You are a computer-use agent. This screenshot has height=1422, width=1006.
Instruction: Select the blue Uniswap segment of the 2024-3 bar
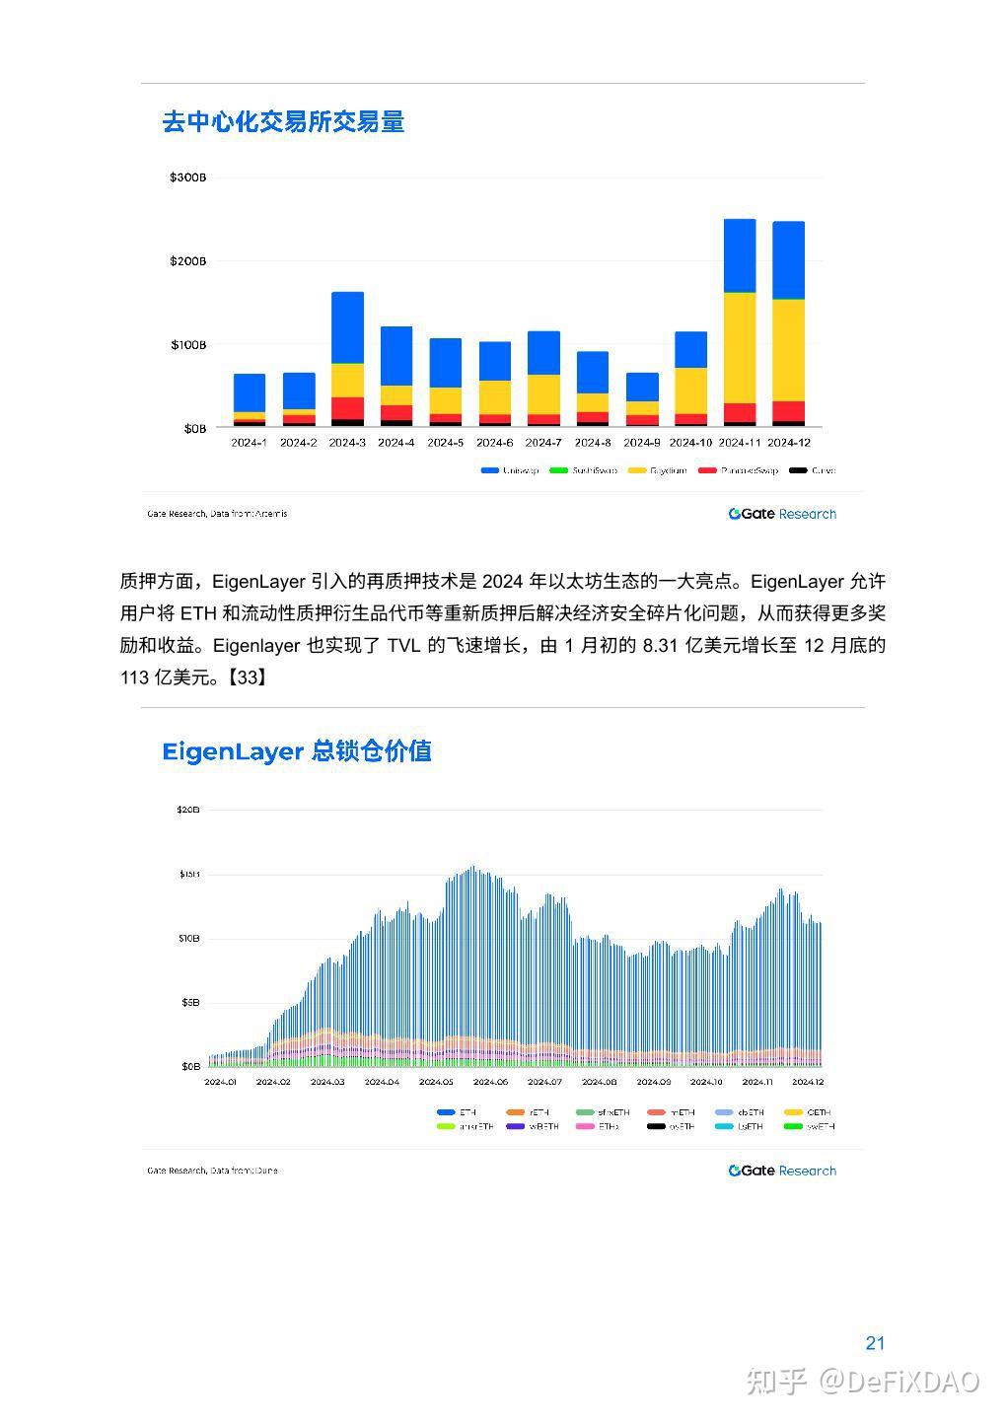[347, 327]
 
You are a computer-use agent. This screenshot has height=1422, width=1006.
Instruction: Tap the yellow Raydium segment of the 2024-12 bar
[788, 350]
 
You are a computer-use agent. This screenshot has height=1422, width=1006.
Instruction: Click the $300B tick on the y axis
[187, 178]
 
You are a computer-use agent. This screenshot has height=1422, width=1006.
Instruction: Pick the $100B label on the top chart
[187, 345]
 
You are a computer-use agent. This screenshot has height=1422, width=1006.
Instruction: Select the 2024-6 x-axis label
[494, 443]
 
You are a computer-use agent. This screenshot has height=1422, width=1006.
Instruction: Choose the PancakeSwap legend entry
[739, 470]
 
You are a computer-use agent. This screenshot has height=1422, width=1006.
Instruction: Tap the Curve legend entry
[813, 470]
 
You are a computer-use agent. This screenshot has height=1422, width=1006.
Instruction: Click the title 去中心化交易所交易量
[283, 122]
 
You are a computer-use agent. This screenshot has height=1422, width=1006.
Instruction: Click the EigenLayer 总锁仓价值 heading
[297, 751]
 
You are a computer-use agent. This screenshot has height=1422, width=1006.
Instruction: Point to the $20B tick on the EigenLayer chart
[187, 810]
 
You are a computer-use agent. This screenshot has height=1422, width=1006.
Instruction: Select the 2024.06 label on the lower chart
[490, 1082]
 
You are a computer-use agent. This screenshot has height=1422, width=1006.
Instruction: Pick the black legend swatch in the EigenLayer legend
[656, 1126]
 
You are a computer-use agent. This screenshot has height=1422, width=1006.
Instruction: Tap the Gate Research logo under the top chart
[782, 514]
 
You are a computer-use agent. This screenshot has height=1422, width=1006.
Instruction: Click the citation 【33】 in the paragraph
[248, 677]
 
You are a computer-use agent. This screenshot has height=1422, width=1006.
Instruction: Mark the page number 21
[875, 1343]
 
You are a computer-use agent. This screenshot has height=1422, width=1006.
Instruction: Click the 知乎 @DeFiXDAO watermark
[863, 1382]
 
